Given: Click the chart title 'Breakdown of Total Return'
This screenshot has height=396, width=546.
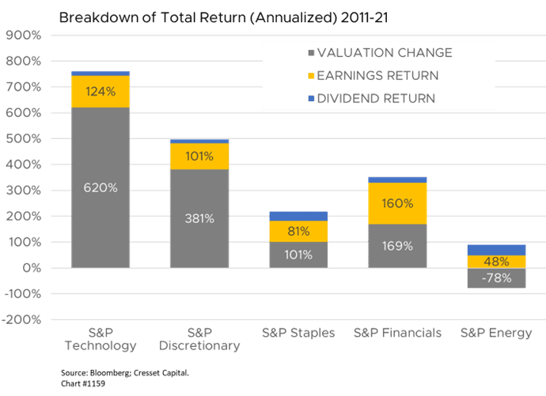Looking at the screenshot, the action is point(151,17).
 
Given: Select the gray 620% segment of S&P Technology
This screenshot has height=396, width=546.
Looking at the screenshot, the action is point(100,187).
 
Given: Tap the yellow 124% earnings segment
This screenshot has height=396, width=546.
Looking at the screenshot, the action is point(100,92).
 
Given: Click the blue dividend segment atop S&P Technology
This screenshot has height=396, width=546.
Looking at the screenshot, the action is point(100,74).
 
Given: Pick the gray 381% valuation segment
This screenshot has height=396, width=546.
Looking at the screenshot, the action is point(199,218).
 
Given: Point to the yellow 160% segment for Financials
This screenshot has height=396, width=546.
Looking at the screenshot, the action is point(397,203).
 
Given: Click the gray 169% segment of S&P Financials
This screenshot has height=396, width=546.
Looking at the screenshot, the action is point(397,246).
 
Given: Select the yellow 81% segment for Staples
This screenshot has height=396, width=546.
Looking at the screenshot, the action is point(298,232).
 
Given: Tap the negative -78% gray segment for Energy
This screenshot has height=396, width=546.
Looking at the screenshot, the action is point(497,277).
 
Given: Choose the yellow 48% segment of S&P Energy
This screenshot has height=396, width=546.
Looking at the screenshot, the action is point(497,262).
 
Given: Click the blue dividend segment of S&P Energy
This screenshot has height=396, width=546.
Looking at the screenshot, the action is point(497,250).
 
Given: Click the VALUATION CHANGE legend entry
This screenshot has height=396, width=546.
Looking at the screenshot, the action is point(381,53).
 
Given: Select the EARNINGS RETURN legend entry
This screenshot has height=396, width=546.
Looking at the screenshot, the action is point(373,75).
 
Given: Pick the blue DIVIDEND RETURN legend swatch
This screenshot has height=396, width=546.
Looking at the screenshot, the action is point(311,98).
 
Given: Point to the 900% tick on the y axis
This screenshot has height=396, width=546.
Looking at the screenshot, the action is point(23,35).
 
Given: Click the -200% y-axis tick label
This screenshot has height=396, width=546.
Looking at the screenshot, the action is point(21,319).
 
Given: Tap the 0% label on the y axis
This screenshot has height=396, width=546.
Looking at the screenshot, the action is point(32,268).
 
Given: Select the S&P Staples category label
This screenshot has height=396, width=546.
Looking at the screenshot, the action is point(298,333).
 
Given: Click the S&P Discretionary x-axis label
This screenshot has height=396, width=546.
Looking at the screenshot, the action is point(199,339).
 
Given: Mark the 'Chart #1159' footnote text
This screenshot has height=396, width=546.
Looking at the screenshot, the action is point(83,383).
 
